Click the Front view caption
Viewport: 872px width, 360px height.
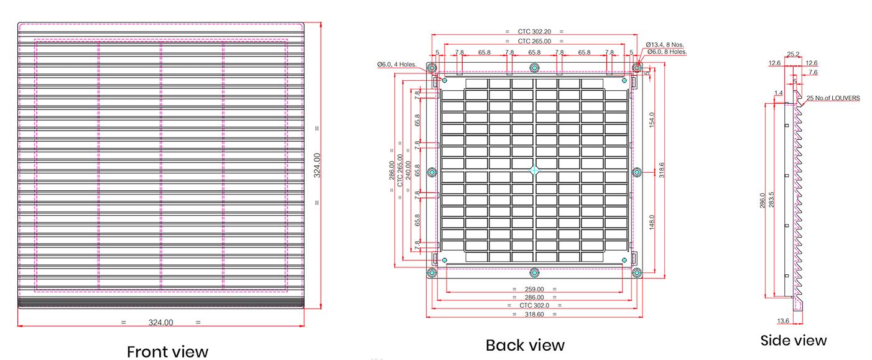[x=167, y=351]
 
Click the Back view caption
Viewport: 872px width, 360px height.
[x=525, y=345]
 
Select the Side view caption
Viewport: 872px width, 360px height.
[x=794, y=340]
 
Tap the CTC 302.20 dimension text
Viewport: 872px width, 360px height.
[x=534, y=31]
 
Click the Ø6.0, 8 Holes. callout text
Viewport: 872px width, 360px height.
[x=667, y=52]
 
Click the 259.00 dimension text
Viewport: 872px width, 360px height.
[x=534, y=289]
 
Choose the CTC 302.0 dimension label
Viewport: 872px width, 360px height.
[x=534, y=305]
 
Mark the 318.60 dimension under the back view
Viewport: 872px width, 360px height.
[x=534, y=314]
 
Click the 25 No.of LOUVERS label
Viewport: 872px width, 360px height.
[x=833, y=98]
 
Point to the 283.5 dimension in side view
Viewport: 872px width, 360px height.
[x=771, y=200]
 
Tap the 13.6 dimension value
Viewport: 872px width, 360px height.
[x=783, y=321]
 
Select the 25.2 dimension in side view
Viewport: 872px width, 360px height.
[x=793, y=55]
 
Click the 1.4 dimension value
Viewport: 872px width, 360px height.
[x=779, y=93]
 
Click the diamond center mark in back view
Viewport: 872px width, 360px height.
[x=534, y=170]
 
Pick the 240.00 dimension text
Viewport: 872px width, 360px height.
[x=408, y=170]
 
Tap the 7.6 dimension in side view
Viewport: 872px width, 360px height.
[x=813, y=73]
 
